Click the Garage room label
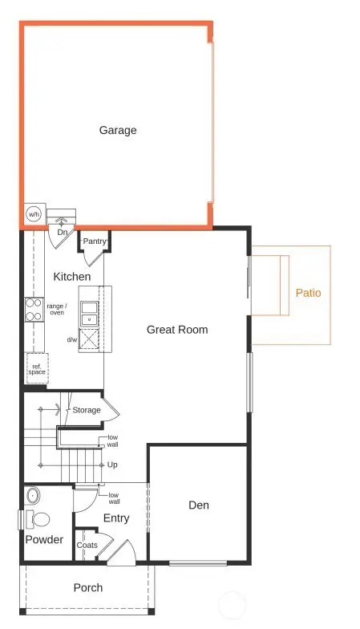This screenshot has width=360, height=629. click(x=118, y=130)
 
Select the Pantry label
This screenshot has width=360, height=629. click(x=95, y=240)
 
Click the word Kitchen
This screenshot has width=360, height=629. click(x=72, y=277)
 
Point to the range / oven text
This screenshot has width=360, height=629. click(x=57, y=309)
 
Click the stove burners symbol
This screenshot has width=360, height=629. click(x=33, y=309)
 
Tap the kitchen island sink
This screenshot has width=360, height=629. click(x=88, y=313)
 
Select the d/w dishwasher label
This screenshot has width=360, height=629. click(x=72, y=339)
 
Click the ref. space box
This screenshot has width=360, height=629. click(x=37, y=369)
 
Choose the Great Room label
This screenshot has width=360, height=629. click(x=177, y=330)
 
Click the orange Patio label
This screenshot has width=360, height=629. click(x=308, y=293)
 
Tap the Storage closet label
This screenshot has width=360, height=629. click(x=87, y=410)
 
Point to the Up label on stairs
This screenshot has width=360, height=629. click(x=112, y=465)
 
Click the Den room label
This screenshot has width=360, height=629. click(x=199, y=505)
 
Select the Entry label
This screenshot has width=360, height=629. click(x=116, y=518)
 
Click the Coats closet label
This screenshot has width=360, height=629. click(x=87, y=546)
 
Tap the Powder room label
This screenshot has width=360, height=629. click(x=44, y=540)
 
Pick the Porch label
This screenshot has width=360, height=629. click(x=88, y=587)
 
